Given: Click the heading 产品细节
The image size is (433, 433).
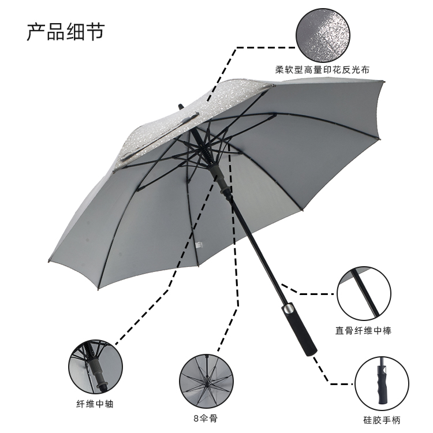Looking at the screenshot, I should [65, 31].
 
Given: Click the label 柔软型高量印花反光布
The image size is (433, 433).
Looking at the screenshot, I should [322, 70].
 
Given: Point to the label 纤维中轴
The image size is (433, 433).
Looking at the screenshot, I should [94, 404].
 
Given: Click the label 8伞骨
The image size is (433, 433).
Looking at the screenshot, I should [206, 417].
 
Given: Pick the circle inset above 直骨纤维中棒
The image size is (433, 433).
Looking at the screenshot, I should [365, 294].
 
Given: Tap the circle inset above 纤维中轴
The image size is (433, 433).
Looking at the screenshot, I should [94, 367].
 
